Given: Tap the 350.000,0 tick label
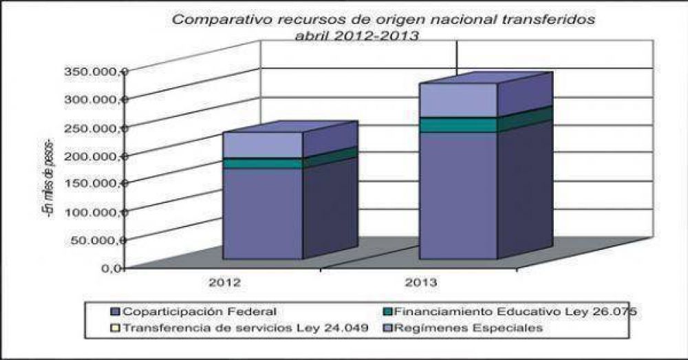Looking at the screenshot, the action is pos(96,71).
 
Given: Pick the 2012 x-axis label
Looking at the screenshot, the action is pos(225,282).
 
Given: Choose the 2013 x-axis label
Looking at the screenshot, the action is pos(421,282).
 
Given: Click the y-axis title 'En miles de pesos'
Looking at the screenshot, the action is pos(47,178).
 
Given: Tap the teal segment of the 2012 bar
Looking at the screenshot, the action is pos(263,163).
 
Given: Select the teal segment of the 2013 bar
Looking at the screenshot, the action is pos(458,125).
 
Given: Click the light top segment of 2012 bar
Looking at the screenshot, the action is pos(263,145).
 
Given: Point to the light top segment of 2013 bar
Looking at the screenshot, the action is pos(458,100).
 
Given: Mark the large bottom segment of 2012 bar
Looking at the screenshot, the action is pos(263,214).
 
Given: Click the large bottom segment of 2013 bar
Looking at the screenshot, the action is pos(458,195).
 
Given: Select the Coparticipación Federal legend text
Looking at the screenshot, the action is pos(200,312).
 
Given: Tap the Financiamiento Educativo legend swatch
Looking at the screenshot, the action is pos(387,312).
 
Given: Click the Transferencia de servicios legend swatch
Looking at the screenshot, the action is pos(116,328).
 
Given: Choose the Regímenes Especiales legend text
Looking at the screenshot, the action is pos(468,328).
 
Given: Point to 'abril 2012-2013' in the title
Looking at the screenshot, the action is pos(356,36).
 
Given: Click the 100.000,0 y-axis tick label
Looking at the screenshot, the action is pos(96,212).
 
